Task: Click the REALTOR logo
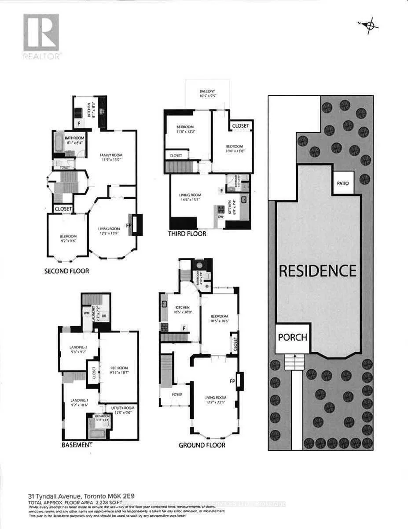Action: tap(41, 36)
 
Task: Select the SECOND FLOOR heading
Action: tap(66, 271)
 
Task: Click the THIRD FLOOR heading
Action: tap(187, 234)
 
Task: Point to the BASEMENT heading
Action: tap(77, 445)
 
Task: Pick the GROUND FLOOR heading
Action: tap(202, 445)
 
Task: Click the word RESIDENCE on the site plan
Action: tap(317, 270)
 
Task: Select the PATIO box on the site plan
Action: tap(343, 183)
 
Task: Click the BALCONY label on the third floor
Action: tap(207, 92)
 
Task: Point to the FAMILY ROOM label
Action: tap(111, 155)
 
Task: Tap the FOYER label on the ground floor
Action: tap(177, 394)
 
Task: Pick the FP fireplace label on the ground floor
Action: tap(232, 380)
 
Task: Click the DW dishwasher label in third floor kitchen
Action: tap(221, 217)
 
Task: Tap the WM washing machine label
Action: tap(86, 313)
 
